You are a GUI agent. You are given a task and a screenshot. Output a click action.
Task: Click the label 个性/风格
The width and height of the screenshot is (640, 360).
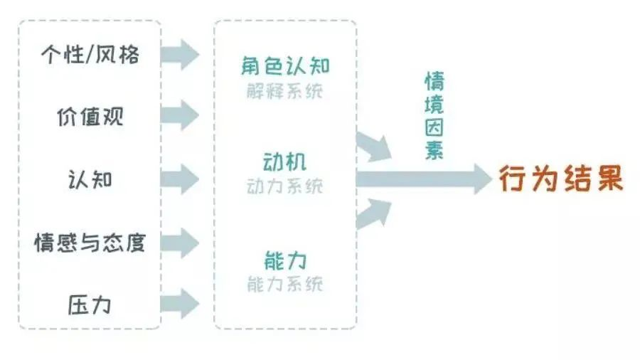[x=90, y=54]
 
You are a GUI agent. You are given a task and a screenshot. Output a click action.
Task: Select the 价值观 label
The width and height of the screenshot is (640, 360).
[x=90, y=117]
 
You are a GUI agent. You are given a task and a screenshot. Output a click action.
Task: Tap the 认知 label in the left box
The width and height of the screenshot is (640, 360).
[x=90, y=179]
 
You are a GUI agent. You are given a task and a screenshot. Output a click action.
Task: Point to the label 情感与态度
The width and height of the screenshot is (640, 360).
[x=90, y=243]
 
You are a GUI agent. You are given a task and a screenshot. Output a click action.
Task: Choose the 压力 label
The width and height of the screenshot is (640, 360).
[x=90, y=305]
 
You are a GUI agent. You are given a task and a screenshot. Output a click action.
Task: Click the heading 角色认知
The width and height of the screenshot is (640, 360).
[x=285, y=65]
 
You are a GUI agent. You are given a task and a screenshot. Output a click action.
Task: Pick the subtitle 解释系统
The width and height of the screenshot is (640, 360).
[x=285, y=91]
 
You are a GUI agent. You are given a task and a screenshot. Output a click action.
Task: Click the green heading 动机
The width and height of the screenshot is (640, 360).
[x=284, y=162]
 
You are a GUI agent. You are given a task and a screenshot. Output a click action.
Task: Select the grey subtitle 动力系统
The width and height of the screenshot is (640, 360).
[x=285, y=186]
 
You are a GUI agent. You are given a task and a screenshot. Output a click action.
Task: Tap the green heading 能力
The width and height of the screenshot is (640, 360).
[x=285, y=261]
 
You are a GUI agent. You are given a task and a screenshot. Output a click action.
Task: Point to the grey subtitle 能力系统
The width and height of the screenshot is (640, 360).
[x=285, y=284]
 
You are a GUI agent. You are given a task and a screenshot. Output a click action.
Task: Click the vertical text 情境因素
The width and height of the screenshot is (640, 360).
[x=434, y=116]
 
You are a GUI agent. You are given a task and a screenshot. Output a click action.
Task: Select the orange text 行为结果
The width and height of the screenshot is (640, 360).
[x=561, y=179]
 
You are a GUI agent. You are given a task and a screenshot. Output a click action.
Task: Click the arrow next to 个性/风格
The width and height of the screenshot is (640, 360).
[x=180, y=54]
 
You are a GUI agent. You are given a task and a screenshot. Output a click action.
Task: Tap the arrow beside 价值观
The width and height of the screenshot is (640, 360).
[x=180, y=115]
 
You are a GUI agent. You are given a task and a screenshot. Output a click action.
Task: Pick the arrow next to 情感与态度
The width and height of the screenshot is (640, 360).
[x=180, y=243]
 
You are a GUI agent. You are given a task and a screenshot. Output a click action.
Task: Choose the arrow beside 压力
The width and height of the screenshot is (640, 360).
[x=180, y=304]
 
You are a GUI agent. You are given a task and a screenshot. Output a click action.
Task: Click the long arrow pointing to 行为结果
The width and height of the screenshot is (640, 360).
[x=425, y=179]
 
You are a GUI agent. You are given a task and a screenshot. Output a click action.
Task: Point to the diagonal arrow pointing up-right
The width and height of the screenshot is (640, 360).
[x=373, y=213]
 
